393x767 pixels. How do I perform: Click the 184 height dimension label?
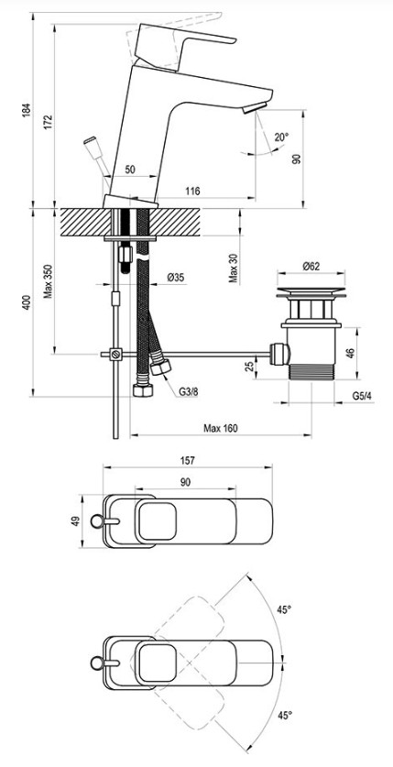click(x=27, y=110)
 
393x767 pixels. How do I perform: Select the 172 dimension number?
click(x=48, y=122)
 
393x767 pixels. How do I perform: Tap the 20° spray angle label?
click(x=281, y=137)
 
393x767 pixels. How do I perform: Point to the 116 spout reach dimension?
click(x=193, y=192)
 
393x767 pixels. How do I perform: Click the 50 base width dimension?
click(x=130, y=170)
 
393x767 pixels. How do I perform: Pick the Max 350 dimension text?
click(x=48, y=281)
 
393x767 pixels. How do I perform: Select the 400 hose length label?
click(x=27, y=302)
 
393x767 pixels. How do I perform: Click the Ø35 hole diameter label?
click(x=176, y=278)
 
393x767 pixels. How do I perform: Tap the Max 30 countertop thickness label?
click(x=234, y=268)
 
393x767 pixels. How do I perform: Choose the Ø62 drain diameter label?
click(x=311, y=266)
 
